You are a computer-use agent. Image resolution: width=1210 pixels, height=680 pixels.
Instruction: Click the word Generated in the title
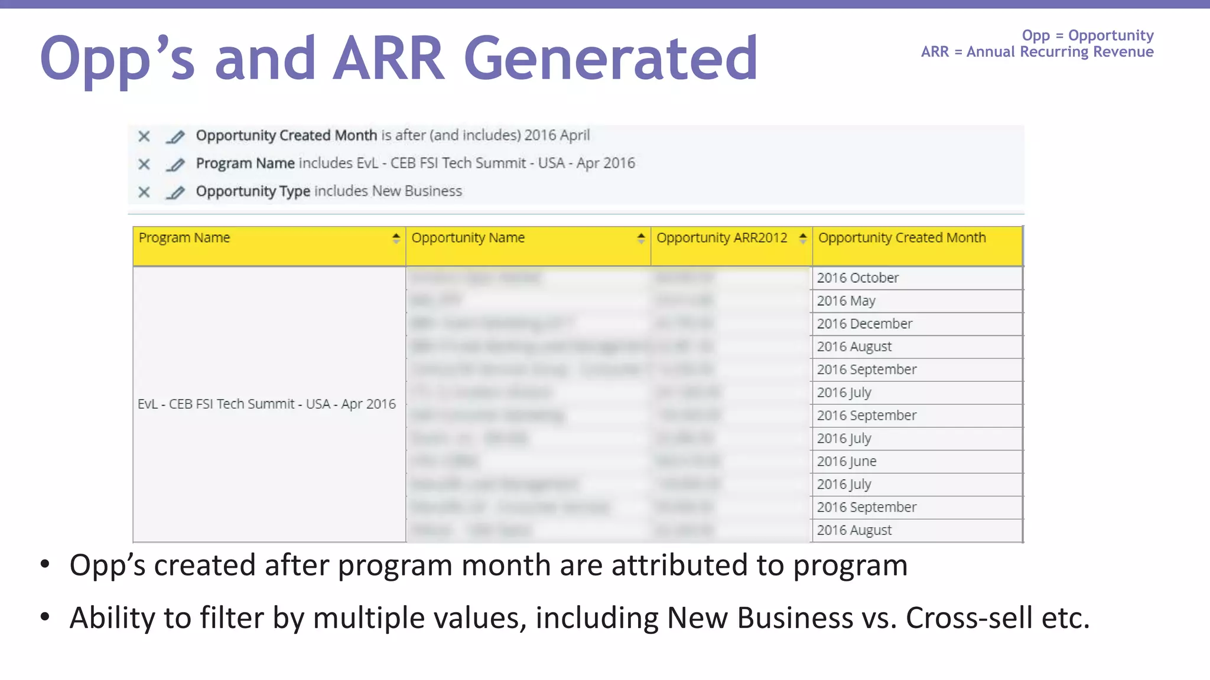pos(610,58)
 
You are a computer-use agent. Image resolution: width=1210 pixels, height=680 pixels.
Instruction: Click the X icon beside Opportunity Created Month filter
pos(144,136)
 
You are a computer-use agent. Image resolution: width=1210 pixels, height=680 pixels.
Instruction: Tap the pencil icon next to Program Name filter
pos(175,164)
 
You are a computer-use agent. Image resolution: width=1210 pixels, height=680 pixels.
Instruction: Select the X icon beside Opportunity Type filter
pos(144,192)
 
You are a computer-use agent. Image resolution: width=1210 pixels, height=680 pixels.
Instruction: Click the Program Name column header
pos(184,238)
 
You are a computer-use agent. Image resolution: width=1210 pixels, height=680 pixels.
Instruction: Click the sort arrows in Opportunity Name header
pos(641,238)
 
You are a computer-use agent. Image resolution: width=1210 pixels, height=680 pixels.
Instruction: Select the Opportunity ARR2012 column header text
pos(721,238)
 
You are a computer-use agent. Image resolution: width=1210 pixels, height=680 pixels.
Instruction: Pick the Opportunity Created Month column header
pos(902,238)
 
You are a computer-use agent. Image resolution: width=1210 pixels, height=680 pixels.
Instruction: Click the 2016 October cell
pos(857,278)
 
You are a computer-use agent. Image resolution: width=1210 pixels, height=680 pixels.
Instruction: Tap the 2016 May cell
pos(846,301)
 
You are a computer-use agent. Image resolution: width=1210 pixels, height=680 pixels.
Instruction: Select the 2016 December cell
pos(864,324)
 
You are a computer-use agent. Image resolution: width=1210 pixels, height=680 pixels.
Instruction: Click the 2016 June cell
pos(847,462)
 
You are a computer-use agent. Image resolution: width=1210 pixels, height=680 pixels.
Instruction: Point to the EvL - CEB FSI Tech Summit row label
pos(266,404)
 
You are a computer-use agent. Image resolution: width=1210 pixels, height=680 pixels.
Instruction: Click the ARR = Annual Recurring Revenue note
pos(1037,52)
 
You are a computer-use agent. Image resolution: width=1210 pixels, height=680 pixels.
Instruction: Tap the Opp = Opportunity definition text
pos(1088,35)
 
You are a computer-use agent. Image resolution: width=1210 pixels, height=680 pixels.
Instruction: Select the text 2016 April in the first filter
pos(557,135)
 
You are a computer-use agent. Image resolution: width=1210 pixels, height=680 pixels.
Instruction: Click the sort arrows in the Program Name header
pos(396,238)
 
